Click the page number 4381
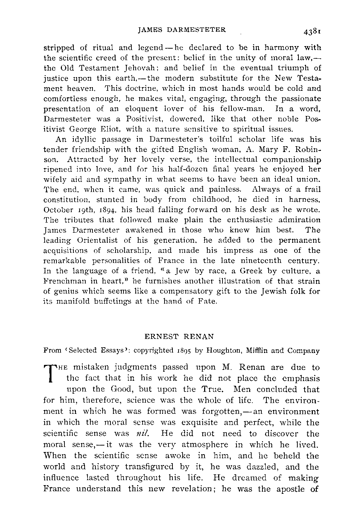312,31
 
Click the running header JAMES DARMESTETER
182,30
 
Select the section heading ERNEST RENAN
179,337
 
